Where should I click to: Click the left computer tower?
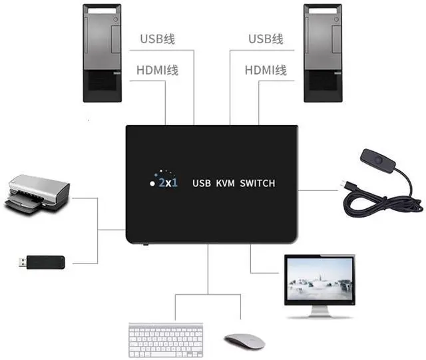click(102, 53)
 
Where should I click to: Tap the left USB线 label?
click(157, 39)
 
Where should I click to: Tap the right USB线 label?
click(266, 39)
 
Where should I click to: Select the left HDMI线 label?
click(157, 70)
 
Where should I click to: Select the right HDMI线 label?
click(266, 70)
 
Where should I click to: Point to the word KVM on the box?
click(226, 182)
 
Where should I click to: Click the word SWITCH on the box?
click(257, 182)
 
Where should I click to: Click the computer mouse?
click(244, 341)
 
